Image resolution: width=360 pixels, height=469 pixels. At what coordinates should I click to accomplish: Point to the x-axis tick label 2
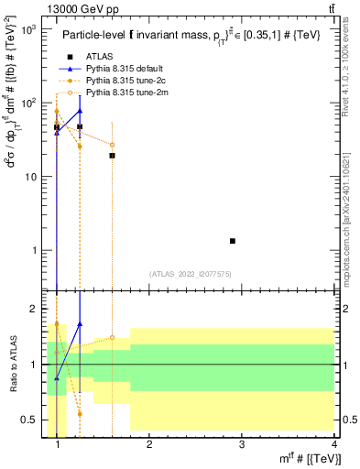pyautogui.click(x=149, y=444)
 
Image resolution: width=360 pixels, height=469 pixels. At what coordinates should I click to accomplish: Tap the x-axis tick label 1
pyautogui.click(x=58, y=444)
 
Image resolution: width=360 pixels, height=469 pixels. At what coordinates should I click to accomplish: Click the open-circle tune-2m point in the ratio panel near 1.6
pyautogui.click(x=112, y=337)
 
